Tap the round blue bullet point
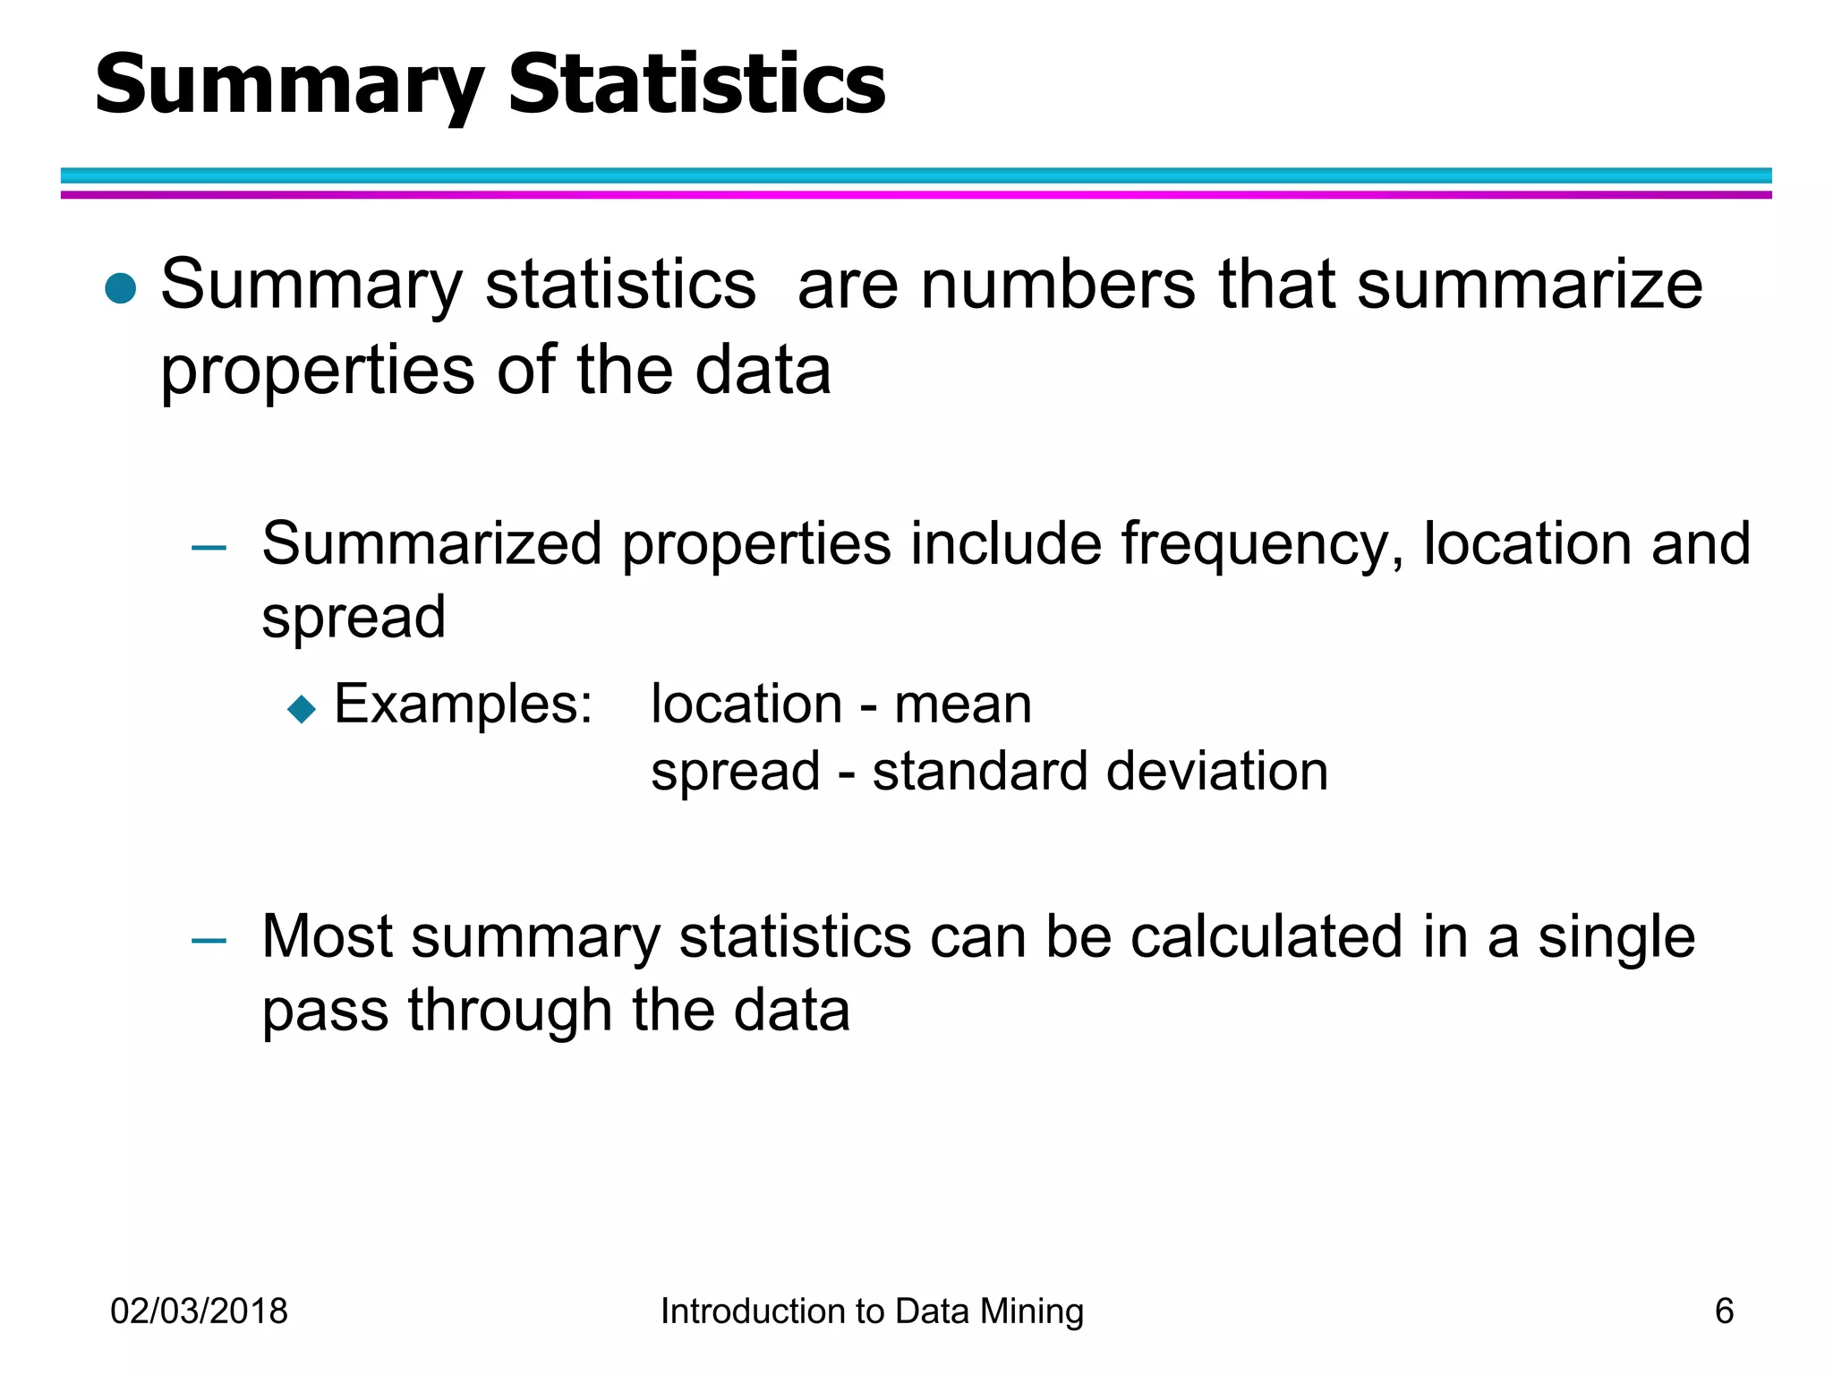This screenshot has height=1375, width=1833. coord(120,288)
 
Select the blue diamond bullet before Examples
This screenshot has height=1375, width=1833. coord(302,709)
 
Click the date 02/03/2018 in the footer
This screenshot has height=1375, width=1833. coord(199,1311)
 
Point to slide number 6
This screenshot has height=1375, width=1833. coord(1724,1311)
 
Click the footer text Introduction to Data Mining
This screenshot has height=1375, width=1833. coord(872,1311)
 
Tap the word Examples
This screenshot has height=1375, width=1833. coord(463,705)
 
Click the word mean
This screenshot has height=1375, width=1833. coord(963,705)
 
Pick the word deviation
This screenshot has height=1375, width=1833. coord(1216,772)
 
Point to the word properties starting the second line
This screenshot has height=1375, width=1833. coord(318,372)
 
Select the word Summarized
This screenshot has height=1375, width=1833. coord(432,543)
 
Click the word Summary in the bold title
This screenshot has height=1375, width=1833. coord(289,84)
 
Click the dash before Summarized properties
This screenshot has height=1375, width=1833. coord(209,547)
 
